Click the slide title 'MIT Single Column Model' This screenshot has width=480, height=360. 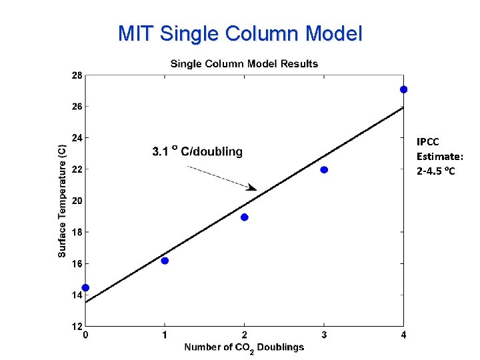(240, 33)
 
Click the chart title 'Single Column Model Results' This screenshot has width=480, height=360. (244, 64)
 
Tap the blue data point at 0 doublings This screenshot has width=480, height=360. (85, 288)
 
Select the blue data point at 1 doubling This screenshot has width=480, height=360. (165, 261)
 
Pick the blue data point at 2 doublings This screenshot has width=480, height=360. (245, 217)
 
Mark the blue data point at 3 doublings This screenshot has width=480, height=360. (324, 170)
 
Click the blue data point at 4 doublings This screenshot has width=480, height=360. (403, 89)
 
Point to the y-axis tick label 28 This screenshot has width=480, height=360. (77, 75)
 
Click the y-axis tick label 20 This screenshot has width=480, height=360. (77, 201)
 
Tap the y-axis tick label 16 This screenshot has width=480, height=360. (77, 263)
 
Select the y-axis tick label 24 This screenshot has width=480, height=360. (77, 138)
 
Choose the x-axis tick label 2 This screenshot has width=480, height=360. (245, 335)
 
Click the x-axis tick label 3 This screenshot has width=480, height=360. (324, 335)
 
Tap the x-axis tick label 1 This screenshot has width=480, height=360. (165, 335)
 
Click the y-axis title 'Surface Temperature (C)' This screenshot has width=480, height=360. (61, 201)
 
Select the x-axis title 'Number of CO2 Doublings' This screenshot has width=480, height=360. (244, 347)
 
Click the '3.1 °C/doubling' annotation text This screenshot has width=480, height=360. (197, 152)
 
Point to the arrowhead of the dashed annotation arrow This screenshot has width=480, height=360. (252, 187)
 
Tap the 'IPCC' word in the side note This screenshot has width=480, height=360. (428, 141)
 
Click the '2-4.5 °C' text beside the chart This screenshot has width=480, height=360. (437, 171)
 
